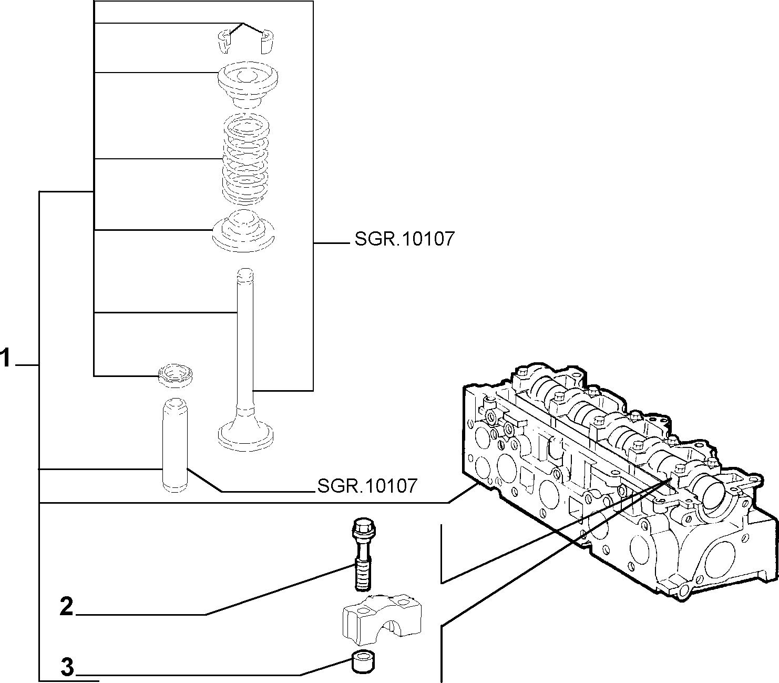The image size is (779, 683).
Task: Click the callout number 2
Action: click(x=67, y=606)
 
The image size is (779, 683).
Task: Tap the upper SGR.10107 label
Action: click(x=405, y=239)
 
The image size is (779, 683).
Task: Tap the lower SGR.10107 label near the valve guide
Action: click(x=367, y=486)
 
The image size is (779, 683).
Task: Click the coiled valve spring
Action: click(x=246, y=158)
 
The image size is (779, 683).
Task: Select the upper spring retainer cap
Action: click(x=248, y=84)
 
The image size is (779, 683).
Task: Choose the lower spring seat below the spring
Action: click(x=244, y=231)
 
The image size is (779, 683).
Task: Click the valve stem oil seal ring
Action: click(x=176, y=375)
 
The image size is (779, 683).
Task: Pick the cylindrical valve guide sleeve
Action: click(x=175, y=445)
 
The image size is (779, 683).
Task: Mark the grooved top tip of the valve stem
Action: click(x=245, y=275)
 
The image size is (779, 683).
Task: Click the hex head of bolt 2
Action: click(x=364, y=528)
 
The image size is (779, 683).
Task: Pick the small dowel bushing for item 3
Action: click(x=363, y=662)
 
